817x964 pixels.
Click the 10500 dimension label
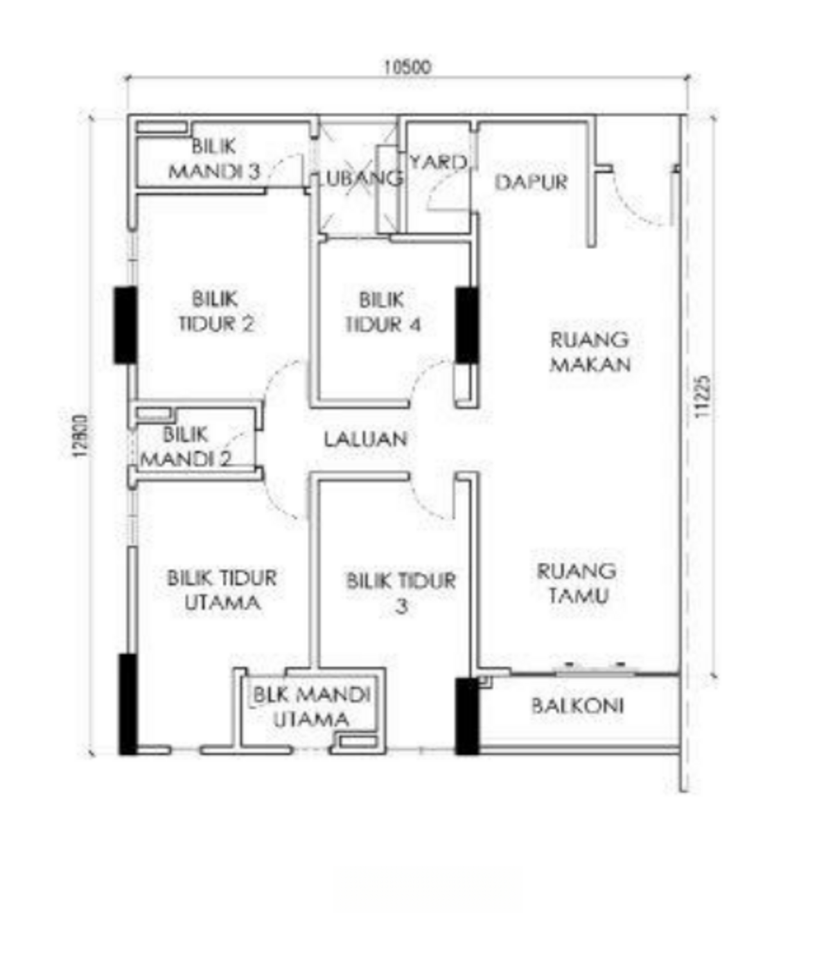(408, 67)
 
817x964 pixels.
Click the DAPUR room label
(531, 182)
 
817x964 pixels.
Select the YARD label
(439, 163)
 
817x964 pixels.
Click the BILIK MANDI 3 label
(214, 159)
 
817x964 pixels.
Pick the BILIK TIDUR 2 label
(216, 312)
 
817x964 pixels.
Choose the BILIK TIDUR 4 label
(383, 312)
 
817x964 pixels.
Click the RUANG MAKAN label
(590, 352)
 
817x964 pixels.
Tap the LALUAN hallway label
(366, 440)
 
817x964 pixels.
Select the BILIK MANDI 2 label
(186, 447)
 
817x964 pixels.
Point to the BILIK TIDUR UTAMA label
(222, 590)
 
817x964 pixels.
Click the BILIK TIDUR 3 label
(401, 593)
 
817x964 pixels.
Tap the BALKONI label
(577, 706)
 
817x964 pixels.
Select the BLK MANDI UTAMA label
(312, 708)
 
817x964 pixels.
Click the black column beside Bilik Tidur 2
(125, 326)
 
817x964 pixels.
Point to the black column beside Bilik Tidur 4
(467, 325)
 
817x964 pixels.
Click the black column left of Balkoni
(467, 717)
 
